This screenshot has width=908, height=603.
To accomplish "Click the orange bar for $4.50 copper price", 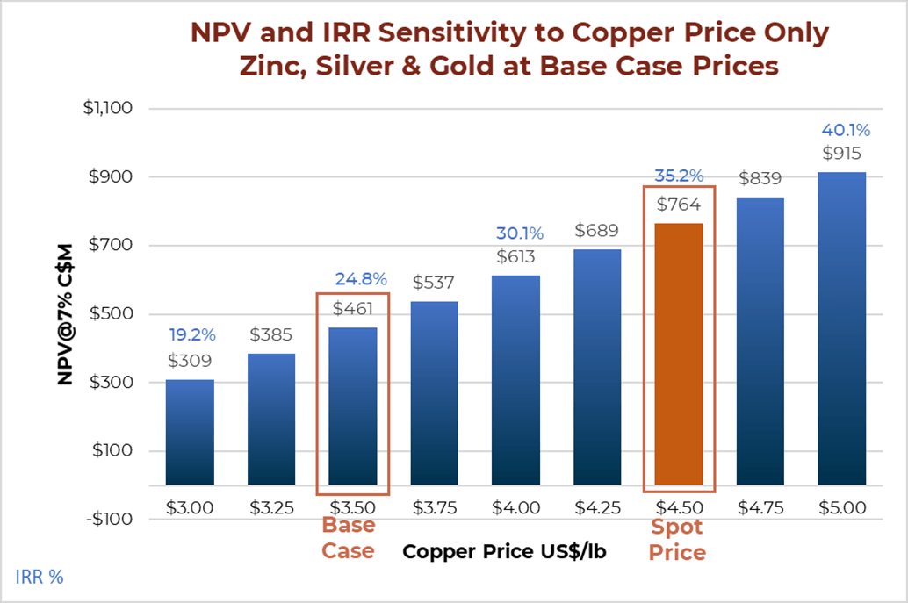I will pos(679,354).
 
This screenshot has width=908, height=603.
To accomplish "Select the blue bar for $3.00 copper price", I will pos(190,432).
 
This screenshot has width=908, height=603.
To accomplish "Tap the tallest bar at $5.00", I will pos(841,328).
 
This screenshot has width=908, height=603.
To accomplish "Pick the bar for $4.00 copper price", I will pos(515,379).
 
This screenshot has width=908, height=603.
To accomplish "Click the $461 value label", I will pos(352,308).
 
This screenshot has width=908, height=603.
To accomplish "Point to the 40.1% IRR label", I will pos(846,131).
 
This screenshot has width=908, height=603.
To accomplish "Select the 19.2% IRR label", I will pos(191,334).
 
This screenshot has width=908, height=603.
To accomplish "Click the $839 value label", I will pos(760,179).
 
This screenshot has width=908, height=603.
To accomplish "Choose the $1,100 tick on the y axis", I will pos(107,109).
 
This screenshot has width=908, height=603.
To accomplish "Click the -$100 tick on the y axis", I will pos(110,519).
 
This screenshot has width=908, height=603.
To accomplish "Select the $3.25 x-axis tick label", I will pos(271,507).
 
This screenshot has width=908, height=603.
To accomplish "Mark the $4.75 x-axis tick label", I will pos(760,507).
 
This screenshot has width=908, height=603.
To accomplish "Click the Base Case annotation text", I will pos(348,538).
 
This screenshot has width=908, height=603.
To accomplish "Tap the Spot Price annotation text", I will pos(677,540).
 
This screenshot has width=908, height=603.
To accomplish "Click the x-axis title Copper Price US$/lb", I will pos(504,552).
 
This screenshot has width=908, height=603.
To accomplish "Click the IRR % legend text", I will pos(40,577).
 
